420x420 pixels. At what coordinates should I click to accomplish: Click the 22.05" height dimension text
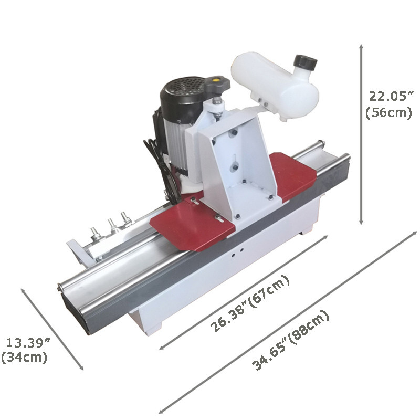[x=388, y=96]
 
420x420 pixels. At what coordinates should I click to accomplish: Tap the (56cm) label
[x=388, y=112]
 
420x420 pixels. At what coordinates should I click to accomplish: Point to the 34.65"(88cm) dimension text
[x=291, y=341]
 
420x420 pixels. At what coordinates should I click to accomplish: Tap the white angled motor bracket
[x=239, y=157]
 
